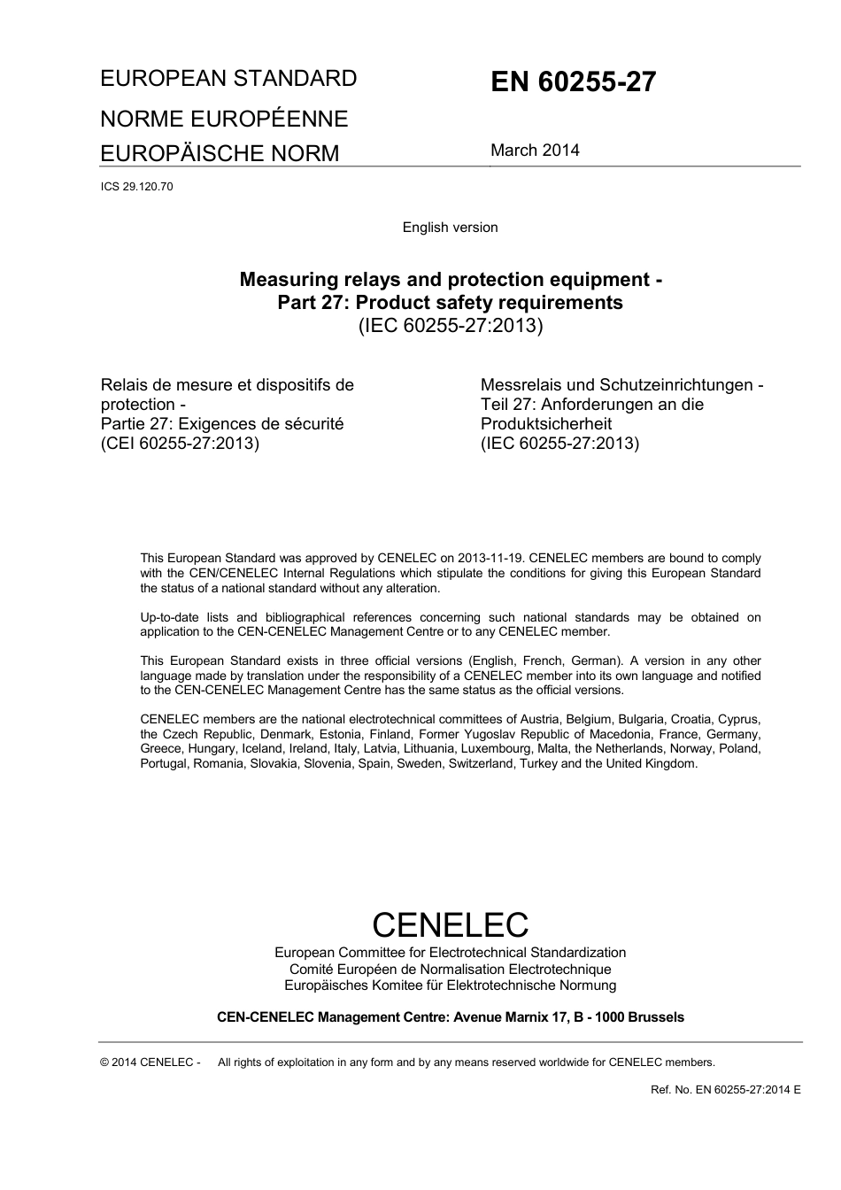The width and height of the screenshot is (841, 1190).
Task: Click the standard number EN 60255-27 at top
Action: click(x=573, y=82)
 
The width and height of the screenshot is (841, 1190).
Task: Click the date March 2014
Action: click(x=535, y=151)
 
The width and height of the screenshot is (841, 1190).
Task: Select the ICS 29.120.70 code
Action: click(x=136, y=187)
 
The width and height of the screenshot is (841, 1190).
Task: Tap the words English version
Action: click(x=450, y=228)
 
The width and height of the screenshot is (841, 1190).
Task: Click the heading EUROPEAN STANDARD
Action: click(x=228, y=79)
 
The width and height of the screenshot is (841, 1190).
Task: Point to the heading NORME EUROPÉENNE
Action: click(x=224, y=120)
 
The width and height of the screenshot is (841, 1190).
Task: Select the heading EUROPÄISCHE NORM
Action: click(x=220, y=154)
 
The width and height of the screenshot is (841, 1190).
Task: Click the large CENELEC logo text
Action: click(x=450, y=924)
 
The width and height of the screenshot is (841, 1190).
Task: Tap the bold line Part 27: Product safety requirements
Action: click(x=450, y=303)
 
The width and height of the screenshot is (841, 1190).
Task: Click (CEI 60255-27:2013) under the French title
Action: click(x=180, y=444)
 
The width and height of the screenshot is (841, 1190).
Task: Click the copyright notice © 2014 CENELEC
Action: click(x=150, y=1062)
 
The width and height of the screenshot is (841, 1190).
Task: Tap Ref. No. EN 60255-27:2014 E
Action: click(x=725, y=1090)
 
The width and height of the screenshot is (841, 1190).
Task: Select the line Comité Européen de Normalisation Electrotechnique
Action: click(x=450, y=970)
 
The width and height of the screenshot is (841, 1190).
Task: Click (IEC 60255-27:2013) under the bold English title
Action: click(x=450, y=326)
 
